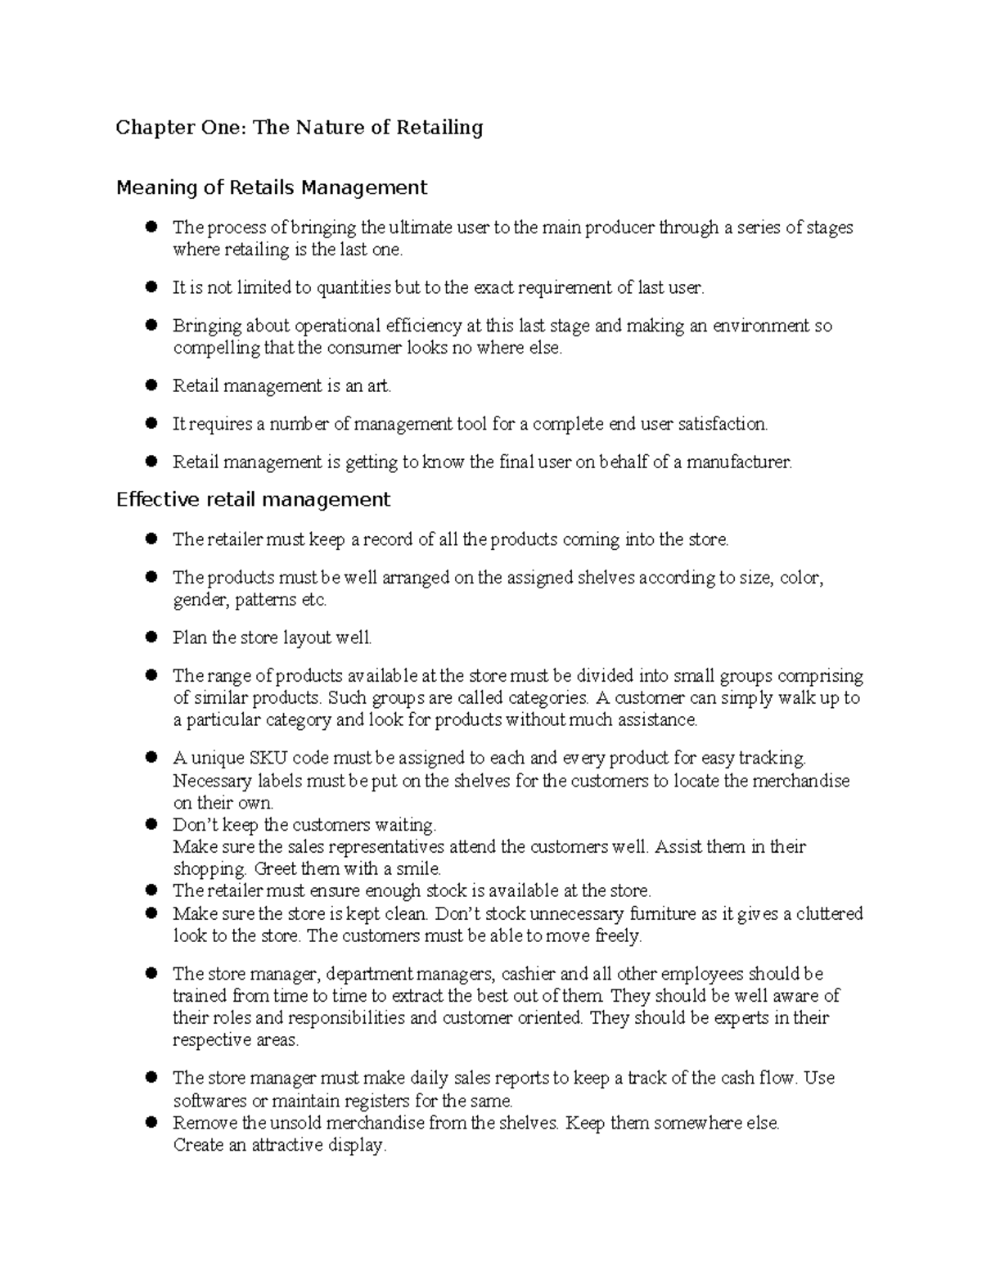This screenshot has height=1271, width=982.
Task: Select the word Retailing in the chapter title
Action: [439, 128]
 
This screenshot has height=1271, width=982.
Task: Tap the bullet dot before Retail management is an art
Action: [151, 385]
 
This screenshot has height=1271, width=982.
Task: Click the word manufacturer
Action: [739, 462]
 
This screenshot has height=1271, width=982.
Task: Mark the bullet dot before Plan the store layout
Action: [151, 638]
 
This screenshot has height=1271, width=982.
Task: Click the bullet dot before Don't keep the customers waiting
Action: [151, 824]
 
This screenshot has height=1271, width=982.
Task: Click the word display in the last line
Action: [355, 1145]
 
